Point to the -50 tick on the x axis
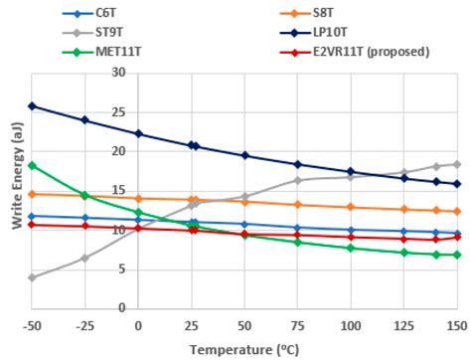[x=32, y=325]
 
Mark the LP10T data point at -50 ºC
[x=32, y=105]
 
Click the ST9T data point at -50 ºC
[x=32, y=277]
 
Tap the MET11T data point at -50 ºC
[x=32, y=165]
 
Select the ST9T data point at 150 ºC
[x=457, y=164]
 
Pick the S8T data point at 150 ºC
[x=457, y=211]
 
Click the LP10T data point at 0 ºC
[x=138, y=133]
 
